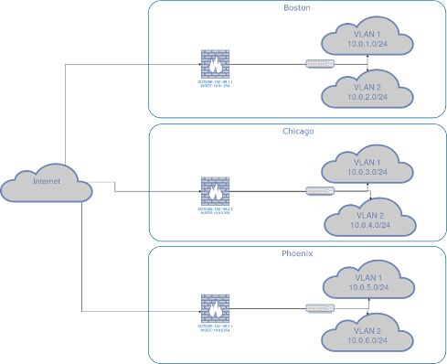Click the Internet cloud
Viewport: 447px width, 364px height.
[x=47, y=185]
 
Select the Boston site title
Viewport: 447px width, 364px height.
[x=297, y=7]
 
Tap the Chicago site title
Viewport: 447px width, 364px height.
[x=297, y=132]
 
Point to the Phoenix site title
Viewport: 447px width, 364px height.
[x=297, y=253]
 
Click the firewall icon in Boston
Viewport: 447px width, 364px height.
[x=215, y=64]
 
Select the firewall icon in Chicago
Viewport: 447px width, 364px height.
[x=215, y=190]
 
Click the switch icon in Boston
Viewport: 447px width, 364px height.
[x=319, y=64]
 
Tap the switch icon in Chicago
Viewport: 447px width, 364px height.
[x=319, y=190]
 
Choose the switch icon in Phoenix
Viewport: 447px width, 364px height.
[x=319, y=308]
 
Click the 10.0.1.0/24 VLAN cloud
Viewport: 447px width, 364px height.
[x=367, y=39]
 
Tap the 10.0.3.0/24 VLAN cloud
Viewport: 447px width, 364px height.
[x=367, y=166]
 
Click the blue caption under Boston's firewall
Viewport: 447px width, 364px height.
[x=215, y=82]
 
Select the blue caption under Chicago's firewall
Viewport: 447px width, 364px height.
[x=215, y=209]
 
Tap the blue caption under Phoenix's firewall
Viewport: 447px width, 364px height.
[x=215, y=327]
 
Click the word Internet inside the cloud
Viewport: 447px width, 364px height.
[x=47, y=182]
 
